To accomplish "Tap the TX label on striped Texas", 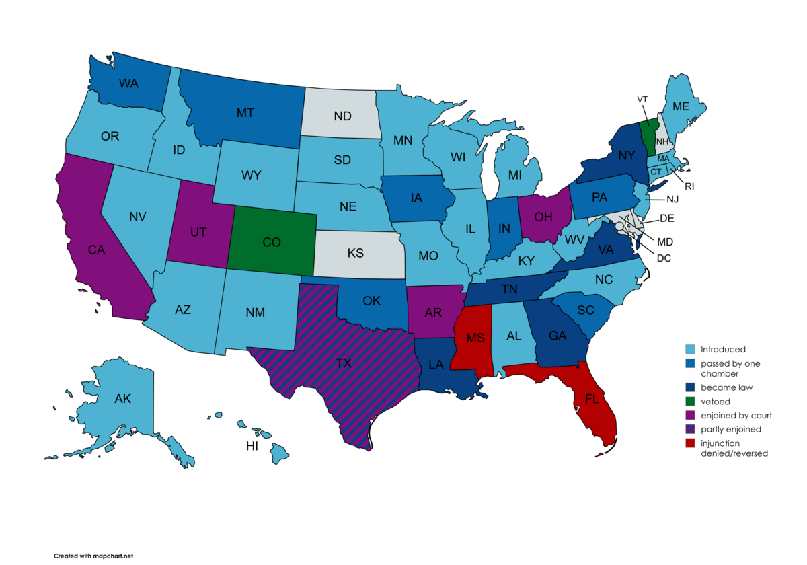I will tap(344, 363).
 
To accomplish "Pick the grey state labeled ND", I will tap(342, 116).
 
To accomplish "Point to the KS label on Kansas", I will tap(356, 253).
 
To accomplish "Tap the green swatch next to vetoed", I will tap(689, 401).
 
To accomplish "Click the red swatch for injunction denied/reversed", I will tap(689, 443).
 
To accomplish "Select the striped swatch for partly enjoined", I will tap(689, 428).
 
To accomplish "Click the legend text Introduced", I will tap(723, 350).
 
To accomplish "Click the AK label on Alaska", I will tap(122, 398).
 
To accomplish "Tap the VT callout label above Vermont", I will tap(643, 99).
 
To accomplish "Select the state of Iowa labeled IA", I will tap(417, 198).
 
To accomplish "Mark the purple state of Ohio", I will tap(543, 217).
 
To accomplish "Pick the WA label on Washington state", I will tap(129, 84).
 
